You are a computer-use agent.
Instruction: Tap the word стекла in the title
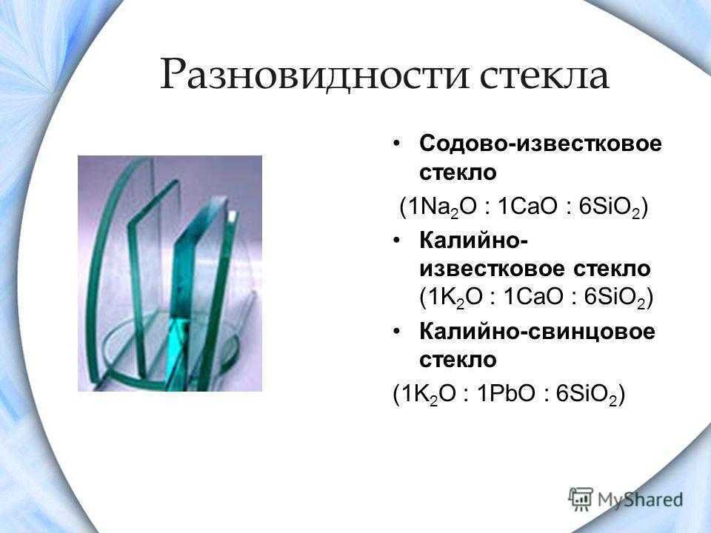544,75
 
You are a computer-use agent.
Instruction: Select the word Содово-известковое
541,144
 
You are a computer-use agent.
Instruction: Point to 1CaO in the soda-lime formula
527,207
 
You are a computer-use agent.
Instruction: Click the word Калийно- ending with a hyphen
473,241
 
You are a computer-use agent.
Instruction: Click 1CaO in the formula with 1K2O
533,298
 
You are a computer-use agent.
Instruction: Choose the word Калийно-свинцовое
538,332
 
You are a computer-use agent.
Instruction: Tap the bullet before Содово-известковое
397,144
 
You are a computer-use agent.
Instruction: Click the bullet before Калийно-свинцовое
397,332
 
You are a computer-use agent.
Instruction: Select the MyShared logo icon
581,499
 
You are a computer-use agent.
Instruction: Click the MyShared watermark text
640,500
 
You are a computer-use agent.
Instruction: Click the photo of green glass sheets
170,273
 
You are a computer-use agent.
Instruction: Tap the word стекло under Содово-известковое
458,172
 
